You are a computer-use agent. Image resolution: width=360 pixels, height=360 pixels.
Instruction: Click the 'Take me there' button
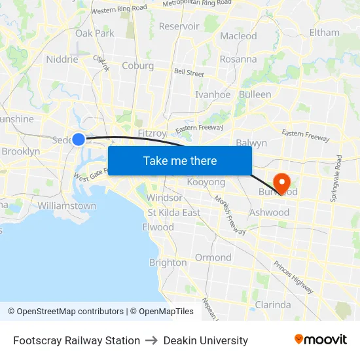[179, 160]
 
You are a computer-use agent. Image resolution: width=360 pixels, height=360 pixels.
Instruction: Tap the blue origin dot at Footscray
[79, 139]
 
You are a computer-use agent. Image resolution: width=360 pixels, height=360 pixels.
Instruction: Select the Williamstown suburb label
[67, 206]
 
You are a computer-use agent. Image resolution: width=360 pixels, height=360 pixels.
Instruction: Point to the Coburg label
[138, 65]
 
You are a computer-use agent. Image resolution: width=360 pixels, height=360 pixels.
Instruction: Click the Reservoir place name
[179, 26]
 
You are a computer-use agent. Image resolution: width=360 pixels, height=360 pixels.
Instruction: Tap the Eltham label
[325, 32]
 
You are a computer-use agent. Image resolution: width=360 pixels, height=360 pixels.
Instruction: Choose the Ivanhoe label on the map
[213, 94]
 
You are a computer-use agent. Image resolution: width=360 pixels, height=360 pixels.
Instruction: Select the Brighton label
[168, 262]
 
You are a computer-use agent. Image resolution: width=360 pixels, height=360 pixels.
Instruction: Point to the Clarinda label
[272, 304]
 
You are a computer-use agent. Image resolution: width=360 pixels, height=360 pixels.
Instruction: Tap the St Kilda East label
[173, 212]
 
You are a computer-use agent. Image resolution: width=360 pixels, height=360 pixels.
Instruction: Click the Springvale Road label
[339, 177]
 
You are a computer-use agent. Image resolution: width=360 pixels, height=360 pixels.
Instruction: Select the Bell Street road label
[189, 73]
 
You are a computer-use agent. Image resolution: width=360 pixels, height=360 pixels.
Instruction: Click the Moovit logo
[321, 340]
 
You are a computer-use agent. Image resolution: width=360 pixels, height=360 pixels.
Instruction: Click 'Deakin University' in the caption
[206, 340]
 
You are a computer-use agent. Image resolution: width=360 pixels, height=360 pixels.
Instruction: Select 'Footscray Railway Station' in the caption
[77, 340]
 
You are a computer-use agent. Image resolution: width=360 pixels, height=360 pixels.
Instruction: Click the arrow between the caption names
[152, 340]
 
